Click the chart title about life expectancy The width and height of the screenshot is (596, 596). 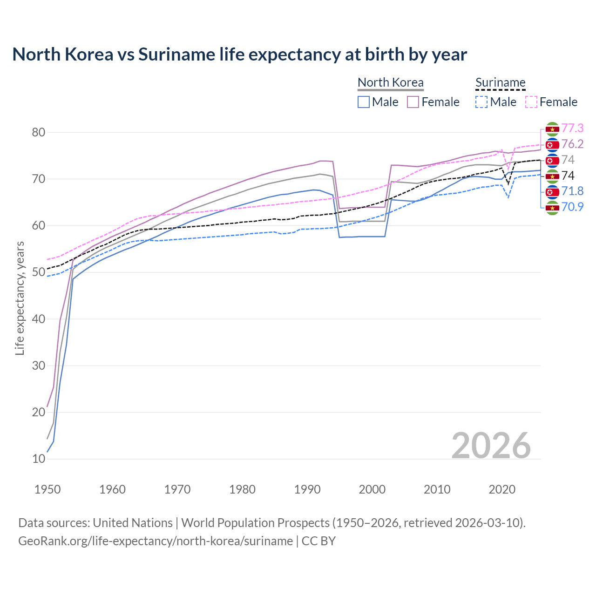(239, 54)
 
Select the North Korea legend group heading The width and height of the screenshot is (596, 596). (390, 82)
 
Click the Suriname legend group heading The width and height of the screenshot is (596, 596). (500, 82)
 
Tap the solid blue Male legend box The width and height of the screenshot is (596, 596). (364, 102)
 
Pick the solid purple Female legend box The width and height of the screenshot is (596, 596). (413, 102)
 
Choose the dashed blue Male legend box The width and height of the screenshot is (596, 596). (481, 102)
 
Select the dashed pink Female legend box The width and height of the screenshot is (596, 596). (531, 102)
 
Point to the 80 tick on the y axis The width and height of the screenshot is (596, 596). (38, 133)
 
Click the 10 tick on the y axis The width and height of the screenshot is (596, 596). (38, 459)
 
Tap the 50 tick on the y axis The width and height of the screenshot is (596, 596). (38, 272)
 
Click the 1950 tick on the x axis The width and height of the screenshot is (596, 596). (47, 489)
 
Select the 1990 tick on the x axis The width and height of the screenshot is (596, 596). (307, 489)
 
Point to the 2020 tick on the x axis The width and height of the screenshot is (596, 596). (502, 489)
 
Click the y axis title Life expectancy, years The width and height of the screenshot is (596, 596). (20, 298)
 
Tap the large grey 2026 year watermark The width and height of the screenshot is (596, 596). (491, 446)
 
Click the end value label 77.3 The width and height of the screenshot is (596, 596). (572, 129)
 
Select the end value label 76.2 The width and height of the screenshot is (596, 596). (572, 144)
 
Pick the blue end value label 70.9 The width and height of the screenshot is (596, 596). (572, 207)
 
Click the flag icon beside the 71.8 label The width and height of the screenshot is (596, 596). (552, 191)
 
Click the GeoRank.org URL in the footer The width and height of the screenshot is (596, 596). (156, 541)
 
